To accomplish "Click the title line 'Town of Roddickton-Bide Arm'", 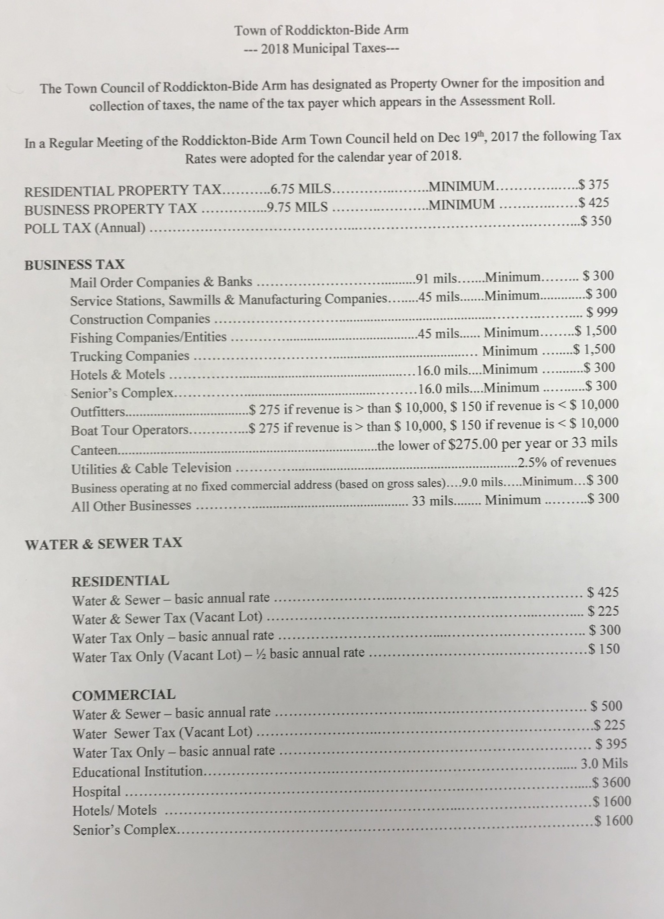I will (321, 30).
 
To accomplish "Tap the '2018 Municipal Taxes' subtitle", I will (321, 49).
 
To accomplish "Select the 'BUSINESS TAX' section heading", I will (74, 264).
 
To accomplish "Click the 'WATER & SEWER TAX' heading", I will (104, 543).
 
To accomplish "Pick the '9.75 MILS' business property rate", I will (298, 207).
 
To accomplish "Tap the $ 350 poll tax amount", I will (596, 222).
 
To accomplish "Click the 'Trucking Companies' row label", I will (130, 356).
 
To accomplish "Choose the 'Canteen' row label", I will (95, 450).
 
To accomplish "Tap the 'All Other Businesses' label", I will (131, 505).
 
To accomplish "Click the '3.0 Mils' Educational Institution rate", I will (604, 763).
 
